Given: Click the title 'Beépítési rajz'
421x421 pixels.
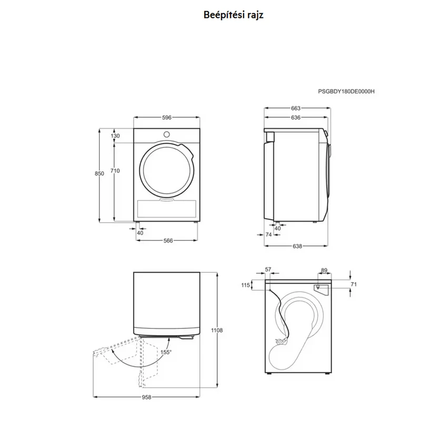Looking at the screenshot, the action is coord(233,15).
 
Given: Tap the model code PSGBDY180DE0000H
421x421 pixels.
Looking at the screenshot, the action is coord(346,92).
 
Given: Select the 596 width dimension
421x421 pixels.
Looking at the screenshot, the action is coord(167,117).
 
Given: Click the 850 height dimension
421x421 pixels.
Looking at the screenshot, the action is coord(99,174).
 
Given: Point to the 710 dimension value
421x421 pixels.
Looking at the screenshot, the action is coord(115,171).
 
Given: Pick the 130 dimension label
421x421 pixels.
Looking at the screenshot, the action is coord(115,136).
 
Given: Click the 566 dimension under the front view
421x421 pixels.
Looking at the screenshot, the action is coord(168,240).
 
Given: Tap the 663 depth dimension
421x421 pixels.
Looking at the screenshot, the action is coord(296,108).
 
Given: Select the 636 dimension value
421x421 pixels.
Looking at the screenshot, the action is coord(296,117).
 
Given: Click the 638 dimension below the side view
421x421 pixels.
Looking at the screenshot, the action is coord(297,246).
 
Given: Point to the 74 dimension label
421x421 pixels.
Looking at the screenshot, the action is coord(268,235).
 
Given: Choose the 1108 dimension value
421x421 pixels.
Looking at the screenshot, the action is coord(217,330).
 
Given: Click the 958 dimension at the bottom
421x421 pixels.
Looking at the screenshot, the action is coord(147,397).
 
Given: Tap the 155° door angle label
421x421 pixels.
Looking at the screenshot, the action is coord(166,352).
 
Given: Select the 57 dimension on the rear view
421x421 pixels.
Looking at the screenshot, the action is coord(268,269).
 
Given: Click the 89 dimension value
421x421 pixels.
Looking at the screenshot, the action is coord(324,270).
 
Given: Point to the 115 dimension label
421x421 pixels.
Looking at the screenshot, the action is coord(246,285).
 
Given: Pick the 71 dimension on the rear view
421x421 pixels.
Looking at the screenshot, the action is coord(354,284).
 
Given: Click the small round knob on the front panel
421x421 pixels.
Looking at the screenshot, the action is coord(167,134).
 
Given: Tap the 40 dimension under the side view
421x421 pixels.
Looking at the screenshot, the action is coord(277,228).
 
